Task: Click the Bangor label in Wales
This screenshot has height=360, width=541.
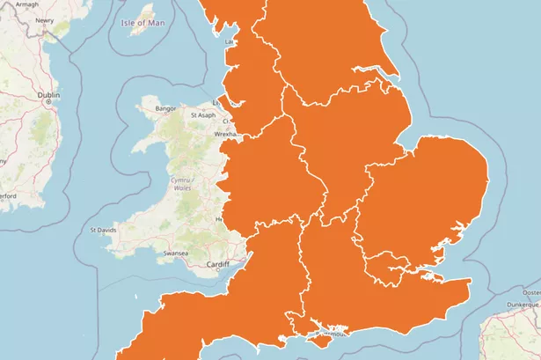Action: point(166,108)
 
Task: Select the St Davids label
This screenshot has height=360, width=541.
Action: point(104,230)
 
